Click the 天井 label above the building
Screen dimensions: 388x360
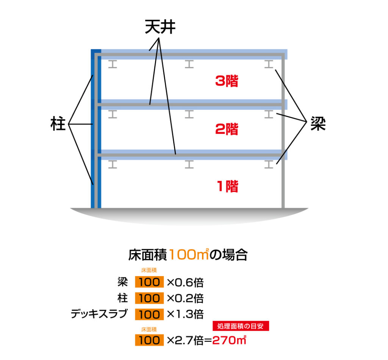160,27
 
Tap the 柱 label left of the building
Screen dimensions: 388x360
58,124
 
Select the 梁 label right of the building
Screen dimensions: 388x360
318,124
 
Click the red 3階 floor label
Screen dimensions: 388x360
227,81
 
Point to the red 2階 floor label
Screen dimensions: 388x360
227,129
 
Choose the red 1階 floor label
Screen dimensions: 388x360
228,186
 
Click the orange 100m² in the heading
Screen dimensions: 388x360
189,254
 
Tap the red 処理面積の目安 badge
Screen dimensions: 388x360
241,326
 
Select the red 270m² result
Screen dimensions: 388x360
229,340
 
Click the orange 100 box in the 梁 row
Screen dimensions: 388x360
149,282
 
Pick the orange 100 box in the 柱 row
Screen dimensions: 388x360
149,298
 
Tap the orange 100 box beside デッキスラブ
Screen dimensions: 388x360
149,315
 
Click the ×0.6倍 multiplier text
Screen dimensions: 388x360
185,282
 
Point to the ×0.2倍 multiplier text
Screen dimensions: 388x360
185,298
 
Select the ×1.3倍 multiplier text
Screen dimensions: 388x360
185,314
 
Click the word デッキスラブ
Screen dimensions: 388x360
99,313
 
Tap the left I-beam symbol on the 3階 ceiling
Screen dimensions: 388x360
113,64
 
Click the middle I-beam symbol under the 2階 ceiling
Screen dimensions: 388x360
189,114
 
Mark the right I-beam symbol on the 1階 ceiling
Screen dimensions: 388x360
269,164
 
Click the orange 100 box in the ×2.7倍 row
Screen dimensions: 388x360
149,340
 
